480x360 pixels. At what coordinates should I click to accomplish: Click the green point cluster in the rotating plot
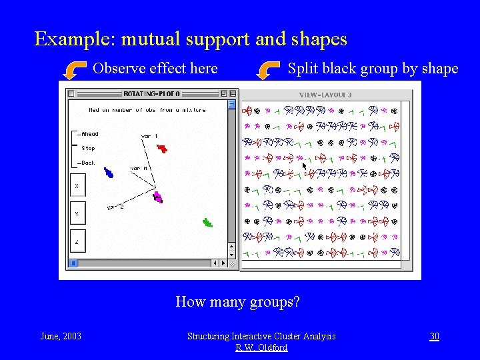coord(207,223)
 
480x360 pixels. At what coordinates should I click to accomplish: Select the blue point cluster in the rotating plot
coord(109,173)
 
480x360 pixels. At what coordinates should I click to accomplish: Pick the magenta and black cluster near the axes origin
coord(157,197)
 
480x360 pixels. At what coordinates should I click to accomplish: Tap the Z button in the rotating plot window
coord(77,243)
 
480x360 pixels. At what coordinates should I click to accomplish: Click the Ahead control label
coord(89,134)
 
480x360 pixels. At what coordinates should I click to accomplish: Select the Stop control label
coord(88,149)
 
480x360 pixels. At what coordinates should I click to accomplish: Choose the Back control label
coord(88,163)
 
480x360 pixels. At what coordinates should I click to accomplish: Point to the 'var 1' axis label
coord(149,136)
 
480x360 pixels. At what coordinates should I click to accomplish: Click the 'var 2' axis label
coord(115,207)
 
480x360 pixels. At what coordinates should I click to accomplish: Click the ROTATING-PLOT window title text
coord(151,93)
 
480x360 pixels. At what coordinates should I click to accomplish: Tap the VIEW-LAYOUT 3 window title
coord(325,95)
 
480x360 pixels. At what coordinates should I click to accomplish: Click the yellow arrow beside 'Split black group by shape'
coord(269,69)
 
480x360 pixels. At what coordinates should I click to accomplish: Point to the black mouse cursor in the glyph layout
coord(305,166)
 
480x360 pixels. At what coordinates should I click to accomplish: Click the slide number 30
coord(434,336)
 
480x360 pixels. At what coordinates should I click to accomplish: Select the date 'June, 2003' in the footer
coord(61,336)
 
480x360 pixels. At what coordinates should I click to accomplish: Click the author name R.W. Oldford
coord(261,347)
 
